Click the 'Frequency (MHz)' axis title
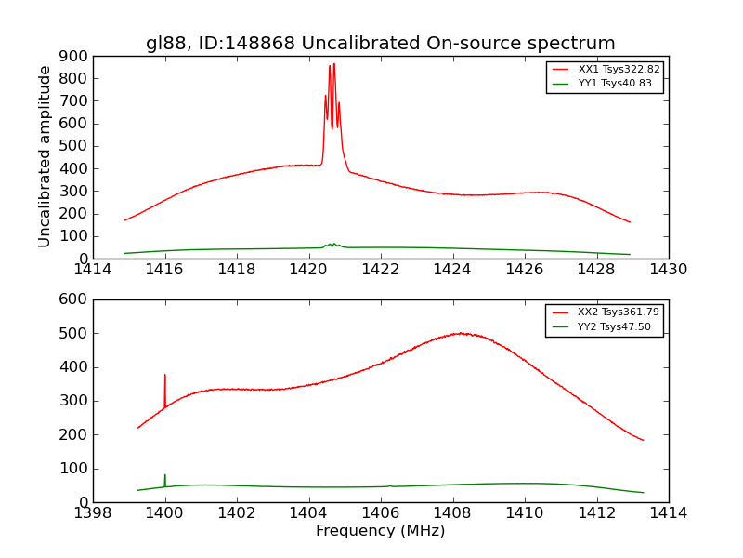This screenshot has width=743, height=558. [380, 531]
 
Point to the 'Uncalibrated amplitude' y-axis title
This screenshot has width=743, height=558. [45, 156]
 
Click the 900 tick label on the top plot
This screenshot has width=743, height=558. [74, 56]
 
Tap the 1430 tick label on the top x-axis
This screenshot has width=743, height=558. [668, 270]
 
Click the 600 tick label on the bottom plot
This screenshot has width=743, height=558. [74, 299]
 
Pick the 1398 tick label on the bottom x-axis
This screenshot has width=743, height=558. [93, 512]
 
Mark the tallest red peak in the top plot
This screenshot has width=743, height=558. [333, 64]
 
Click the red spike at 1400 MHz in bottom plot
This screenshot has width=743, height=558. [165, 376]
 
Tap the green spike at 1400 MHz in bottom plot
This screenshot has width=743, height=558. [165, 476]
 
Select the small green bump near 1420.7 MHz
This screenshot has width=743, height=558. [332, 245]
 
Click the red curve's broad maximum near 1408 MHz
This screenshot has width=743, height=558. [460, 333]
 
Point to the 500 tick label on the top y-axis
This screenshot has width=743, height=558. [74, 146]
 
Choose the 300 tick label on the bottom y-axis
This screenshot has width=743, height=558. [74, 401]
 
